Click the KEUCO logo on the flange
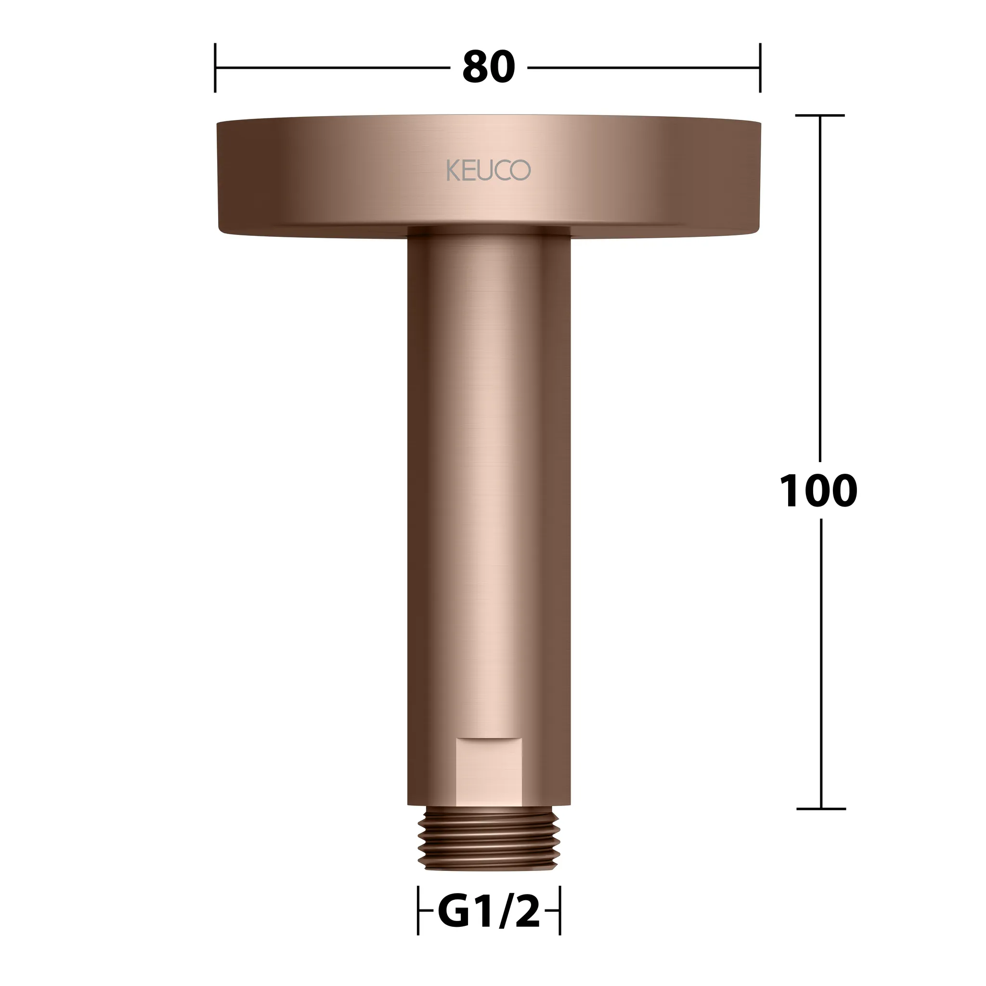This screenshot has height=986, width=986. pyautogui.click(x=488, y=170)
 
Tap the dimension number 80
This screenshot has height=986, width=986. pyautogui.click(x=488, y=67)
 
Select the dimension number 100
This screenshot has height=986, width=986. pyautogui.click(x=818, y=491)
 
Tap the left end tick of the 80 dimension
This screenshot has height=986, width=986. pyautogui.click(x=215, y=68)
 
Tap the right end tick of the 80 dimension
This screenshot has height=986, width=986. pyautogui.click(x=760, y=68)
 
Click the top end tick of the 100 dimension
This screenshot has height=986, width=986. pyautogui.click(x=820, y=116)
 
